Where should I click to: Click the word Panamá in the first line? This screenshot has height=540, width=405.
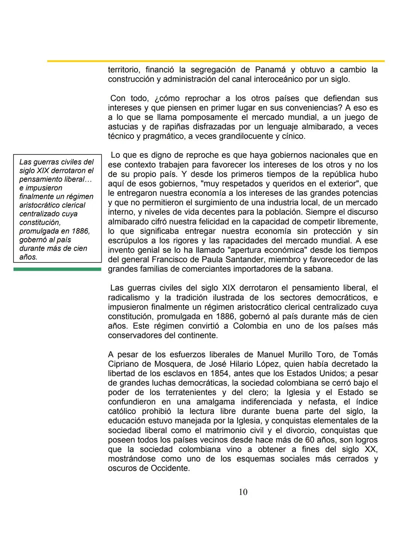270,70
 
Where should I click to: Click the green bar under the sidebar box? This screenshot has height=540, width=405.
57,269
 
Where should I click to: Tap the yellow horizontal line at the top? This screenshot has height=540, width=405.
216,61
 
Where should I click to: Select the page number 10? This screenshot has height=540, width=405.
243,492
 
